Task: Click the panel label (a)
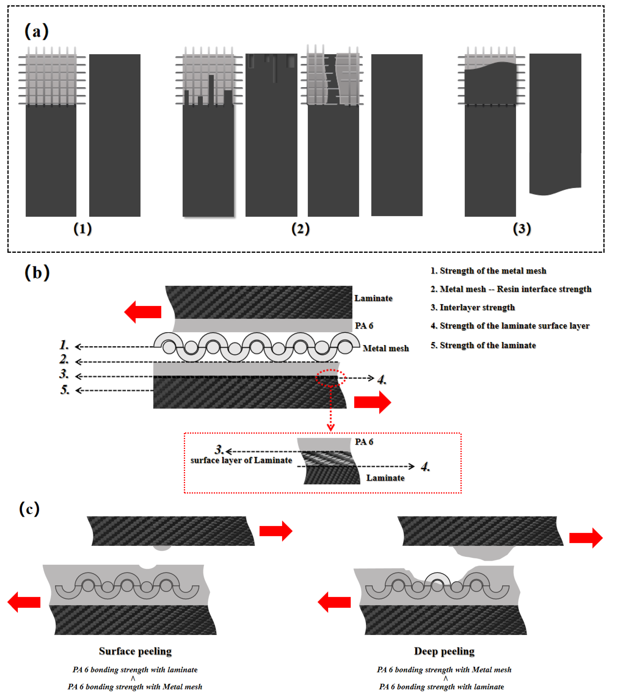36,31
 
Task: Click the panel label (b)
37,273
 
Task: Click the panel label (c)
29,509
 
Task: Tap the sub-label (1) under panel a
83,229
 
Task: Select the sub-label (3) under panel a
521,229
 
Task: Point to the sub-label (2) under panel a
300,229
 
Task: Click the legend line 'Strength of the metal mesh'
488,271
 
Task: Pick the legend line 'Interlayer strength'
473,308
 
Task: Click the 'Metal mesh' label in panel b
386,348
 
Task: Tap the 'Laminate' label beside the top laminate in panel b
373,299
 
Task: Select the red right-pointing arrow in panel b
372,402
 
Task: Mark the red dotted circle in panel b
331,378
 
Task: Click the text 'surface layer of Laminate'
241,460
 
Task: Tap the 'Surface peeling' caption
135,651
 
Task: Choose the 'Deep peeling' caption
444,651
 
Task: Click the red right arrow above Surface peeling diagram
276,531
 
